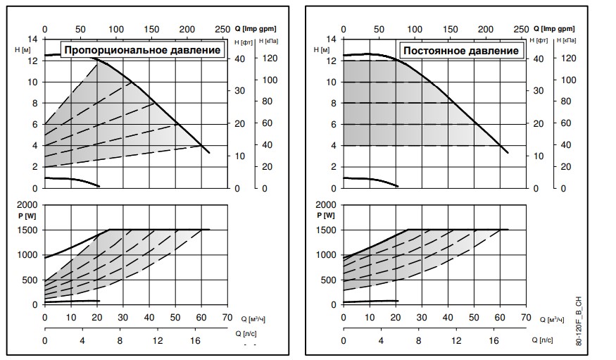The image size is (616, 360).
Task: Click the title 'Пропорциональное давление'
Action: point(143,50)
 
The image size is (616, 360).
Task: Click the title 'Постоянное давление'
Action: point(460,50)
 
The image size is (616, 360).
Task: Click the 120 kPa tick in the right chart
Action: point(570,59)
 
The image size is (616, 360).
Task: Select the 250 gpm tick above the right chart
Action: point(521,29)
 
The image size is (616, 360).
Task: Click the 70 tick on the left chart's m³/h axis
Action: point(227,317)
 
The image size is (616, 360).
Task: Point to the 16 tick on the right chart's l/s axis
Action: point(494,341)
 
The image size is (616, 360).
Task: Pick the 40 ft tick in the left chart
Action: point(239,59)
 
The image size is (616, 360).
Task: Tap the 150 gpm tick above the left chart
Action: point(151,29)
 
